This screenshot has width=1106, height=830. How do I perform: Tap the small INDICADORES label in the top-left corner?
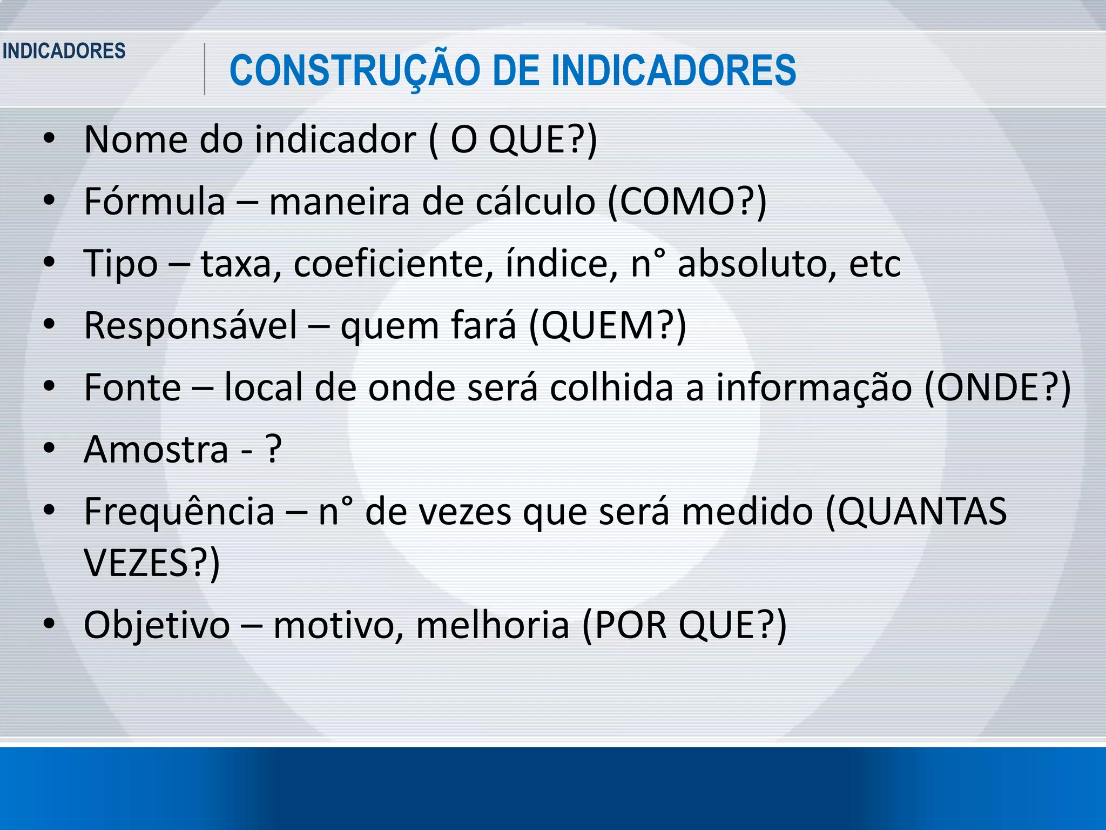[x=64, y=51]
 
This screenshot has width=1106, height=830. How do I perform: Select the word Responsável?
[x=191, y=326]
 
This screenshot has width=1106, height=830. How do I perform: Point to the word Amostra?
[x=156, y=450]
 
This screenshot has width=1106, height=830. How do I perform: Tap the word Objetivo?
[x=157, y=625]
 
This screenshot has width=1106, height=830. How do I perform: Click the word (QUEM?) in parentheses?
[x=608, y=326]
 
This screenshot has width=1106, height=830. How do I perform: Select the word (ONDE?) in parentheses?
[x=997, y=388]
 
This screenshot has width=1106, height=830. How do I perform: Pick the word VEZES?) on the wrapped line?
[x=152, y=564]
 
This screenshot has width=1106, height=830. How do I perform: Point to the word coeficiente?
[x=393, y=264]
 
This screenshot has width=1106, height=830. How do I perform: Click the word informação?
[x=814, y=388]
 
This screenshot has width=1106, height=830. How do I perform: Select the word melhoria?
[x=493, y=625]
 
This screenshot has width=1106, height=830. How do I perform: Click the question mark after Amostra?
[x=274, y=450]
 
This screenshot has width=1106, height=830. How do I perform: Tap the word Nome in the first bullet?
[x=136, y=140]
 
